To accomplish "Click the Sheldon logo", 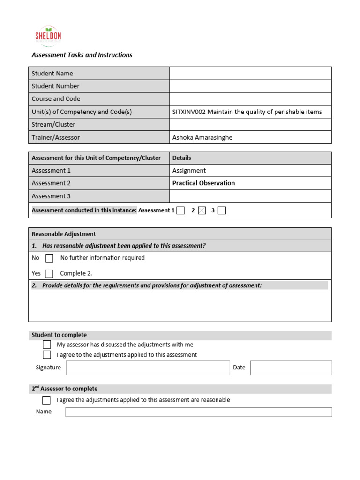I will point(48,36).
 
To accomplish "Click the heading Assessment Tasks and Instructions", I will point(82,55).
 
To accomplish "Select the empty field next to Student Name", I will point(250,73).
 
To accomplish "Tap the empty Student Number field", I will point(250,86).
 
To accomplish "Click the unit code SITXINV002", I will point(189,112).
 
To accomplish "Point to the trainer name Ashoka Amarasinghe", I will point(202,137).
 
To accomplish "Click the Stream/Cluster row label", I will point(53,124).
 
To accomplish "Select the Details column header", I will point(181,158).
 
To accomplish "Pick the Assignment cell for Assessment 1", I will point(189,171).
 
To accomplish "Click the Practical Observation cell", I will point(203,183).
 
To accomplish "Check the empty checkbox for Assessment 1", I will point(180,210).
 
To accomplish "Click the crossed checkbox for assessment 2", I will point(202,210).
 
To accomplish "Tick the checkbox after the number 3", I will point(222,210).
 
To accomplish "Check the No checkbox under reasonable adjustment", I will point(49,258).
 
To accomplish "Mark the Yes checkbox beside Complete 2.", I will point(49,273).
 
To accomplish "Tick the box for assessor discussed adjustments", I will point(47,345).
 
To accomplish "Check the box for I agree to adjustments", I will point(47,355).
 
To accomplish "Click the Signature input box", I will point(148,368).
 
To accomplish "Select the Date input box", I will point(291,368).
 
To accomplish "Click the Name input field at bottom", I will point(198,412).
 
